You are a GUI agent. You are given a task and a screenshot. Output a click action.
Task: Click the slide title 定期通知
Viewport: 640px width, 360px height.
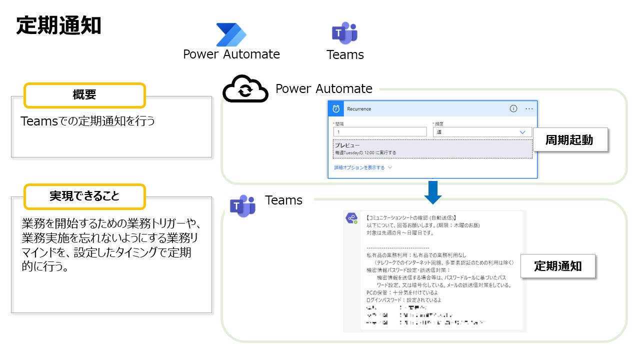58,25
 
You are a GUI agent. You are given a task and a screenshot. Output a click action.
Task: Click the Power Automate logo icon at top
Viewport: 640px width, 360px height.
231,34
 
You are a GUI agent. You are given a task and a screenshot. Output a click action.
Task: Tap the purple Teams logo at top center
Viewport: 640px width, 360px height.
344,33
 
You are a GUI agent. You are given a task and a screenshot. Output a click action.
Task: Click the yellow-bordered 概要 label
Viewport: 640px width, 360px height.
84,95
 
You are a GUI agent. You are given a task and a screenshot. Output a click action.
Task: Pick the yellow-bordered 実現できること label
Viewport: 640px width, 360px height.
84,196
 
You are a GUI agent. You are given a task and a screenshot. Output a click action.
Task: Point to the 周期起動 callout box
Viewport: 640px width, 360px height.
570,140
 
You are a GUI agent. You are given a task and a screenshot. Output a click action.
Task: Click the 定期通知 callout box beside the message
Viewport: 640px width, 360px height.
558,266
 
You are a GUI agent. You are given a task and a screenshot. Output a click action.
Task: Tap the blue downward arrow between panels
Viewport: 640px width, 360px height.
433,192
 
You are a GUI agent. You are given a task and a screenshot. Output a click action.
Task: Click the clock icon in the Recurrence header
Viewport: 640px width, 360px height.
336,109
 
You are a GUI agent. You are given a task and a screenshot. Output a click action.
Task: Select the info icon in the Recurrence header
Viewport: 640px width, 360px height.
513,109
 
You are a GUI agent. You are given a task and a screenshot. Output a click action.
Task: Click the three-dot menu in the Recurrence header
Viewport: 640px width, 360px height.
529,109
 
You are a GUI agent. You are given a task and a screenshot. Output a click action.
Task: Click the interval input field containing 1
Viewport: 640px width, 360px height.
380,132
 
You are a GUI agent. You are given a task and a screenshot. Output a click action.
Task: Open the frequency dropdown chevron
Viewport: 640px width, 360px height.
522,132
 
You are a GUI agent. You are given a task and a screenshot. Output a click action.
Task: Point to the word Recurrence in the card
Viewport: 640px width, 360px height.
359,109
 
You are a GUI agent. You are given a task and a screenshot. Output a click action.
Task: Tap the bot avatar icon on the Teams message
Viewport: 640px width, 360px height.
351,218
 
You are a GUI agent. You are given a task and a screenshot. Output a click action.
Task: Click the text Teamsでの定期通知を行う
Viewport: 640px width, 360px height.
88,121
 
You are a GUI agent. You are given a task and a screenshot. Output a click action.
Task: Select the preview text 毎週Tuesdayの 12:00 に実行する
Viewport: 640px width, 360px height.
365,152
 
